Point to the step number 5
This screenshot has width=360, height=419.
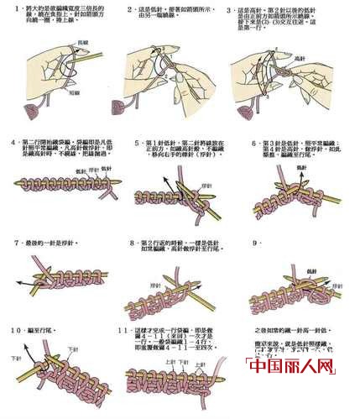click(x=137, y=144)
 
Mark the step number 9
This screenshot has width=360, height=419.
click(x=252, y=243)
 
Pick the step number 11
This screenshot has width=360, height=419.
click(x=123, y=331)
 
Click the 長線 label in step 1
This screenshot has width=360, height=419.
click(x=81, y=40)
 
